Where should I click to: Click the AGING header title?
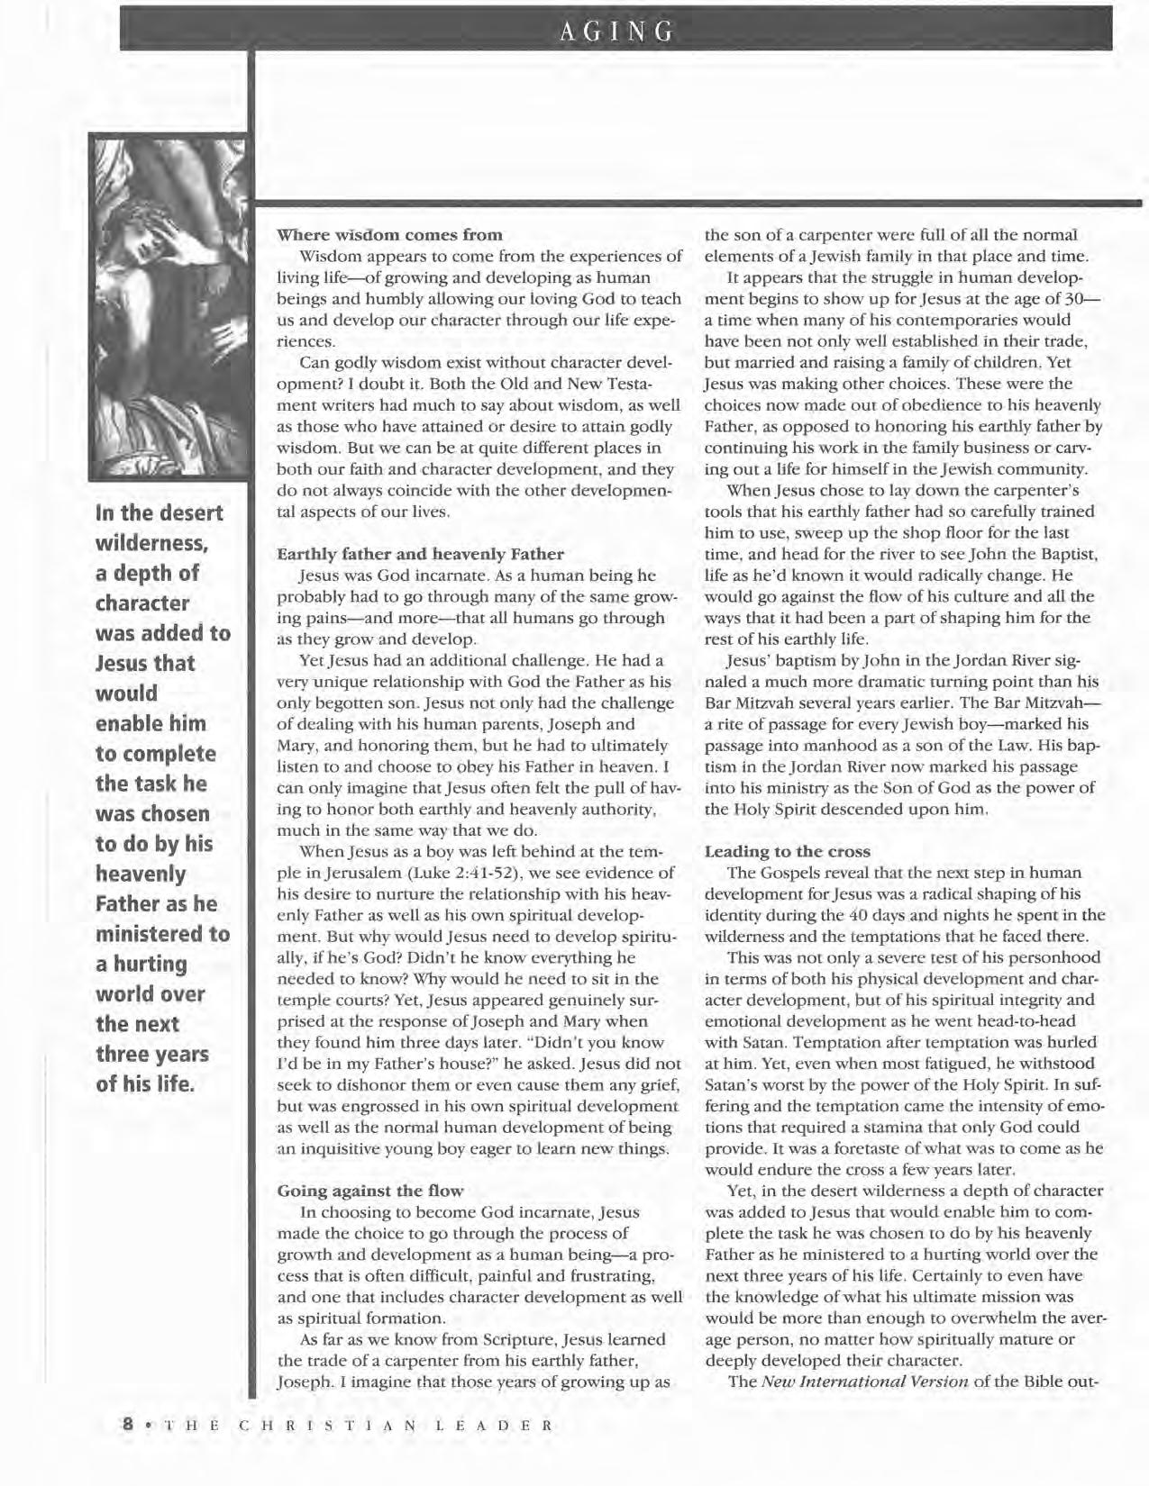click(x=616, y=33)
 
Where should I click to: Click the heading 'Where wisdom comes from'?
click(x=389, y=235)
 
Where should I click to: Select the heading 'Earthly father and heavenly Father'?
click(x=420, y=553)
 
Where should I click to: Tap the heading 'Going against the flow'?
click(x=369, y=1191)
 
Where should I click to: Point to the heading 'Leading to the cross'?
click(x=787, y=851)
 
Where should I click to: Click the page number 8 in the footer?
click(x=128, y=1426)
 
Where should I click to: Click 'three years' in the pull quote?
click(x=152, y=1054)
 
